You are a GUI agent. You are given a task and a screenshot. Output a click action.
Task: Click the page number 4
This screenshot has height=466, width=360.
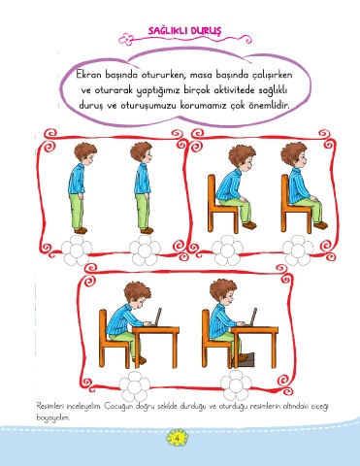click(x=177, y=438)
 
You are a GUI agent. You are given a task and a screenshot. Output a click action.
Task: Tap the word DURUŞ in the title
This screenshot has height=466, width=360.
click(x=206, y=31)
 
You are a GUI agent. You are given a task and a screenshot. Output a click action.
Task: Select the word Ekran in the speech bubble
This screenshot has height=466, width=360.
click(x=89, y=75)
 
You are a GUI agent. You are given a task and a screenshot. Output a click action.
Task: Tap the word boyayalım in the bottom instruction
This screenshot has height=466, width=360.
click(x=53, y=417)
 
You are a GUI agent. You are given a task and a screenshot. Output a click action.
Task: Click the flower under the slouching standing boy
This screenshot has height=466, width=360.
click(x=77, y=250)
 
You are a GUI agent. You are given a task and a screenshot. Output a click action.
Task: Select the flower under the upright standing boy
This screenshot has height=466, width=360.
click(x=145, y=250)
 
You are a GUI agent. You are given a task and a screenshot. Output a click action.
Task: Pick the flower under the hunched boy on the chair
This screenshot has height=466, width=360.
click(x=227, y=250)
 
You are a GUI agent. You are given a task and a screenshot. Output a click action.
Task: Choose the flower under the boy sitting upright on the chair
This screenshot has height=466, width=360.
click(x=298, y=250)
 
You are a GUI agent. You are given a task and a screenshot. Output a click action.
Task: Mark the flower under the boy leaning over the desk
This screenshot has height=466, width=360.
click(x=135, y=386)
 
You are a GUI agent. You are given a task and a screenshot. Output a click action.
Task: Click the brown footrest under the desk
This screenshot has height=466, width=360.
click(x=244, y=360)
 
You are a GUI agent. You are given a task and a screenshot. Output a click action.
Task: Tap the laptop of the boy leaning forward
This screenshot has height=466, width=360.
click(x=157, y=316)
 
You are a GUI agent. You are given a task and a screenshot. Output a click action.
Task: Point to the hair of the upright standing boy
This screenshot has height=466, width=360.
click(x=141, y=151)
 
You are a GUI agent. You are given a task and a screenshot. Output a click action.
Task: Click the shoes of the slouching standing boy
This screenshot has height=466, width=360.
click(x=81, y=230)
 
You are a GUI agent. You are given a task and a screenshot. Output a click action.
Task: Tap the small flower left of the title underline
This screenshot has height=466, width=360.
click(x=126, y=39)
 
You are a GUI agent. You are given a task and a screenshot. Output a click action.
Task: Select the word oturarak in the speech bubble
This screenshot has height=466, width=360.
click(x=112, y=90)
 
